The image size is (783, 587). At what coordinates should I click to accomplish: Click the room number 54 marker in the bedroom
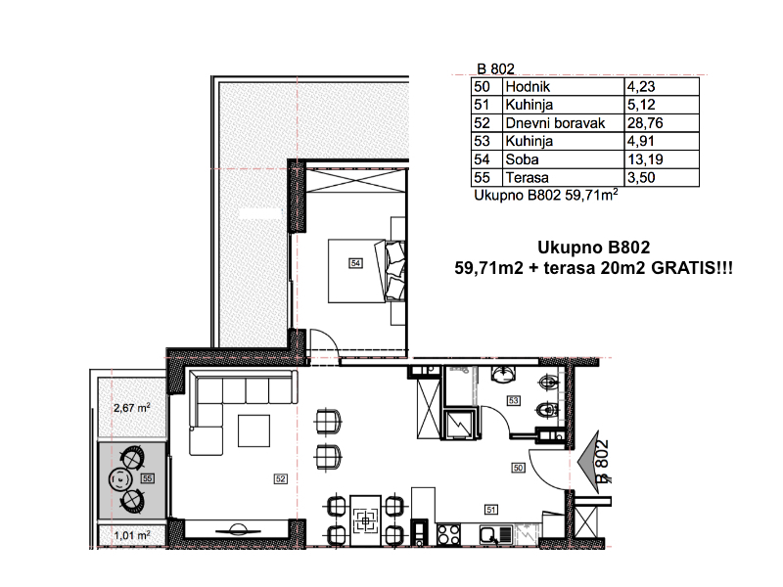pos(355,263)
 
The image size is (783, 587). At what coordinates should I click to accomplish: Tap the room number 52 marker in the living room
pos(281,478)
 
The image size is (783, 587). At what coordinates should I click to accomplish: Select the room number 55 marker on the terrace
pos(147,478)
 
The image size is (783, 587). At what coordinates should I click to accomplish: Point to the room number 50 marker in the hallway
pos(519,468)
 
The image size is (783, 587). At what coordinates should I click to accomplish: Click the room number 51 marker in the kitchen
pos(491,510)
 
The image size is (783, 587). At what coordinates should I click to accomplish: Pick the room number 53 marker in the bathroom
pos(513,400)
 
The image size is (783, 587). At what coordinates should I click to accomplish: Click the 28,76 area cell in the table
pos(645,123)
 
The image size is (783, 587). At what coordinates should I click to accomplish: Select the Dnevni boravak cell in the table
pos(555,123)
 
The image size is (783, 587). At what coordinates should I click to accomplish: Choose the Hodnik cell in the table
pos(528,86)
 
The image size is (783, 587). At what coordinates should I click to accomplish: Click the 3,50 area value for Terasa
pos(641,178)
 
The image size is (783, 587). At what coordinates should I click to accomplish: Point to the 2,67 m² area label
pos(132,408)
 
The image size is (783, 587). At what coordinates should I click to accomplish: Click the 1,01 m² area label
pos(132,535)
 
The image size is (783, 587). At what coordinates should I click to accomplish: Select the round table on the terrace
pos(120,479)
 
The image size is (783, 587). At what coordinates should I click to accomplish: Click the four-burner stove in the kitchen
pos(448,535)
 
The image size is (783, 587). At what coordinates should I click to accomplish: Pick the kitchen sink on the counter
pos(496,535)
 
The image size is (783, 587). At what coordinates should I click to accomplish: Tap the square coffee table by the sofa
pos(253,430)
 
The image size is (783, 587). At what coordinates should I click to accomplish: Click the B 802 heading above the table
pos(495,68)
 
